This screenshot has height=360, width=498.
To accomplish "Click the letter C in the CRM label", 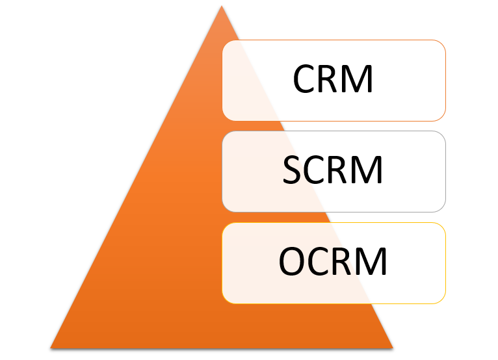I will (305, 80).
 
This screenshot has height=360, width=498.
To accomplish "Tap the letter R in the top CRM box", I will (333, 80).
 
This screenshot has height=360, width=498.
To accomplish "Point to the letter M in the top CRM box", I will (360, 80).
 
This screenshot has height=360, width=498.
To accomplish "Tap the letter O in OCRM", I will (291, 262).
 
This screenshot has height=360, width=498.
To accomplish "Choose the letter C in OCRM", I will (319, 262).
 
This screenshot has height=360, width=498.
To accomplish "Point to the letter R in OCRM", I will (345, 262).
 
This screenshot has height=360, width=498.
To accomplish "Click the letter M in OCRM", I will (373, 262).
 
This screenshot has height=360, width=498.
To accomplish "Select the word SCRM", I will (333, 170).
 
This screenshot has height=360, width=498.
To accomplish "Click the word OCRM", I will (333, 262).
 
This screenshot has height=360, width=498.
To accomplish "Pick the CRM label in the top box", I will (333, 80).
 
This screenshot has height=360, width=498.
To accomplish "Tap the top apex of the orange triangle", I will (221, 7).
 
